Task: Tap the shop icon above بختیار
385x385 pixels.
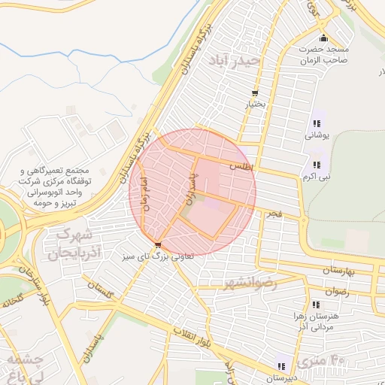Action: click(256, 93)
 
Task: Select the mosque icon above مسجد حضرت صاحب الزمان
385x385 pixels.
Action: click(323, 38)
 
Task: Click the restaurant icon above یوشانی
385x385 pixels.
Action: click(314, 124)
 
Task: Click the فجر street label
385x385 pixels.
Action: click(273, 215)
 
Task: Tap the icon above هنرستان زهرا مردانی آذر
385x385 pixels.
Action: click(316, 304)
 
